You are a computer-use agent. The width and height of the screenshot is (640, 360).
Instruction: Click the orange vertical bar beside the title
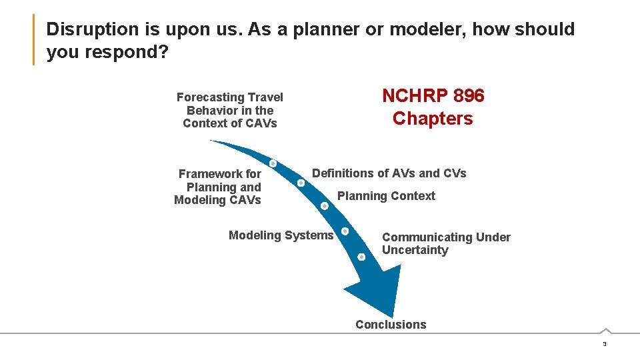[33, 40]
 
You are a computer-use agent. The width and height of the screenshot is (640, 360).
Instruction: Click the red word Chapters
[433, 119]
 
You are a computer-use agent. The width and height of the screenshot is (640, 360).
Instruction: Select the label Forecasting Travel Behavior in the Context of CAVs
[229, 110]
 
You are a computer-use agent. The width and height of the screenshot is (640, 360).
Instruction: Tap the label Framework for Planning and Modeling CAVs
[218, 187]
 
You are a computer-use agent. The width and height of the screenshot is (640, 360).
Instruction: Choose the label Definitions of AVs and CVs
[389, 173]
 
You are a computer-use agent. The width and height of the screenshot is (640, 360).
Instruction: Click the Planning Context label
[386, 196]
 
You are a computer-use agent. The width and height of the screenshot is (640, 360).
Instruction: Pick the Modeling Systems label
[281, 235]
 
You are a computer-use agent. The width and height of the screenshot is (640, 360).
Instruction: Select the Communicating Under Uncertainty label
[445, 243]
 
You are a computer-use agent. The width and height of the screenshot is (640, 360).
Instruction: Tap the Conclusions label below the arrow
[391, 325]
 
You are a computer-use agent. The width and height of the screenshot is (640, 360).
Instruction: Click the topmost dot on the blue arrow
[273, 163]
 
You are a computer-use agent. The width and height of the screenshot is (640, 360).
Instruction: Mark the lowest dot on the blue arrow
[361, 257]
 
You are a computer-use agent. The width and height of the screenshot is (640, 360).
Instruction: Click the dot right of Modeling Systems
[345, 231]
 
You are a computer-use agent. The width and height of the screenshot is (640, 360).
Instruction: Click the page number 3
[604, 344]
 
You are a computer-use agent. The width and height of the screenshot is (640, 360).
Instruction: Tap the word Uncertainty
[415, 251]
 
